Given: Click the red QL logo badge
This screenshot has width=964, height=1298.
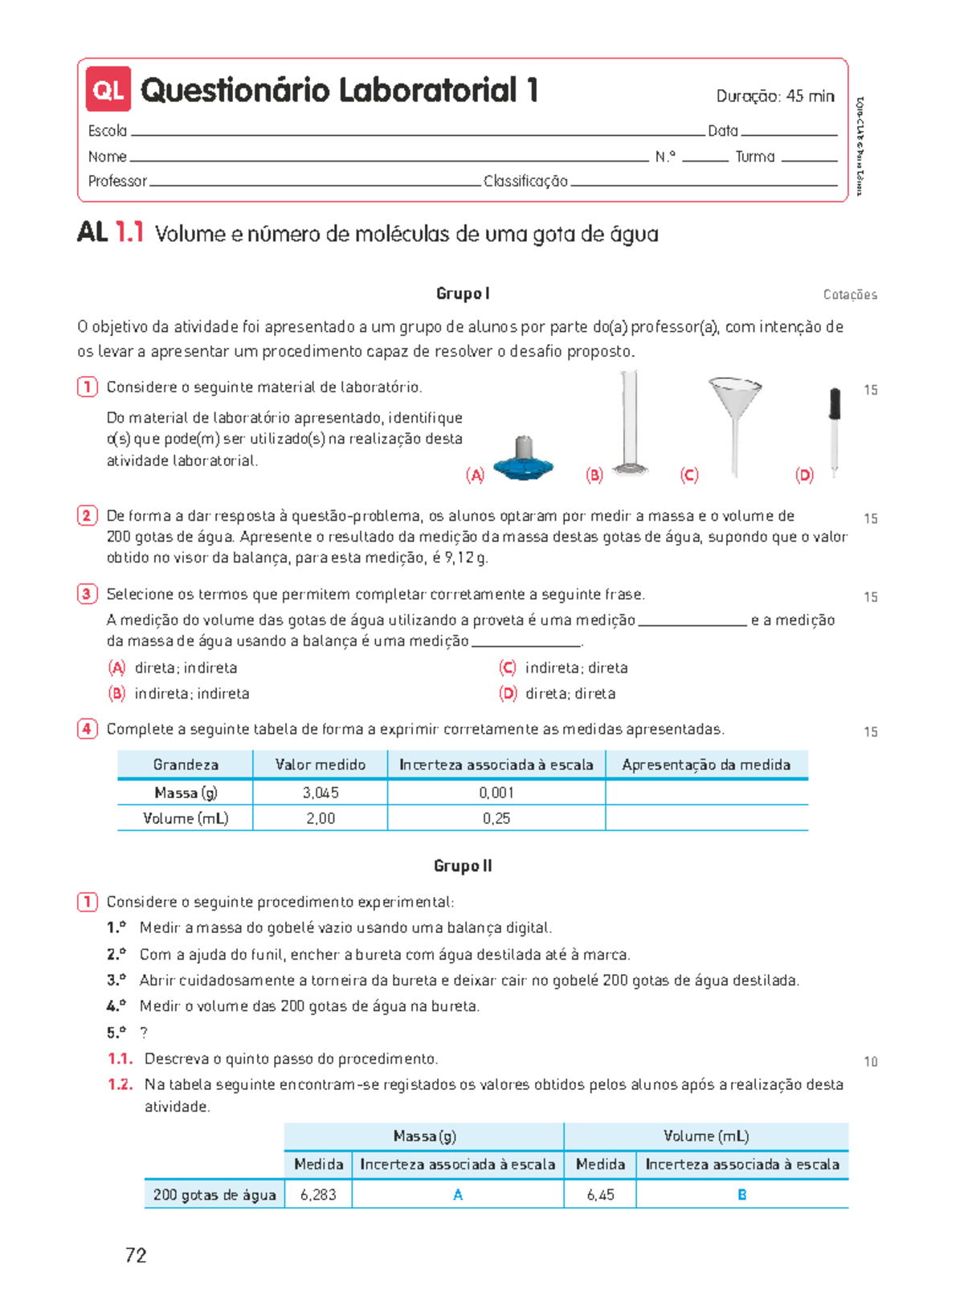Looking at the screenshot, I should click(x=108, y=90).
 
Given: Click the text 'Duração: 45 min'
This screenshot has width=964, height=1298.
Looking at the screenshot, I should click(x=774, y=96).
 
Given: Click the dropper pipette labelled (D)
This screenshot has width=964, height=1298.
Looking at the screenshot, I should click(x=835, y=430).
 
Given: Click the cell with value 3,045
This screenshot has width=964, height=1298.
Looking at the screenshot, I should click(x=321, y=792).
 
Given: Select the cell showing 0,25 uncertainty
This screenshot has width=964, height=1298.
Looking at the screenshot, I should click(x=496, y=818).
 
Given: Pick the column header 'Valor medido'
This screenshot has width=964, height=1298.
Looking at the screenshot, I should click(x=321, y=764).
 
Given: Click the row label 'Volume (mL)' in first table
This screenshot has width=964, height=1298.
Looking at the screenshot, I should click(x=186, y=818).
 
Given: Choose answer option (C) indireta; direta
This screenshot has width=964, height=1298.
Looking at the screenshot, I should click(x=564, y=668).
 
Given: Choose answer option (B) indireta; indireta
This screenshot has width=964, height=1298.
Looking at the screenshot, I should click(x=179, y=694).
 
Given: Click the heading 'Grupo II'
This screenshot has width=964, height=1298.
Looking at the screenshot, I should click(x=463, y=866).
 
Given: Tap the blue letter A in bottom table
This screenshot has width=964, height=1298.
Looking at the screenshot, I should click(x=458, y=1195).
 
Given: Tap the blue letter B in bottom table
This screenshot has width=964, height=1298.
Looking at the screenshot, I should click(x=742, y=1195).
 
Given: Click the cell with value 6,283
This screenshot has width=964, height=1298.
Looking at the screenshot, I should click(x=318, y=1195).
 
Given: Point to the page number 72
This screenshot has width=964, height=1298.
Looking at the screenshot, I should click(x=136, y=1255).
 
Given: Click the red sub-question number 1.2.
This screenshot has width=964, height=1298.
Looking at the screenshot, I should click(x=120, y=1084).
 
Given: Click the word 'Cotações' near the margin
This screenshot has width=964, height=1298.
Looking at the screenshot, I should click(x=850, y=295).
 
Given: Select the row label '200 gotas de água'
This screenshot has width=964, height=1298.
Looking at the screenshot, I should click(x=214, y=1195).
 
